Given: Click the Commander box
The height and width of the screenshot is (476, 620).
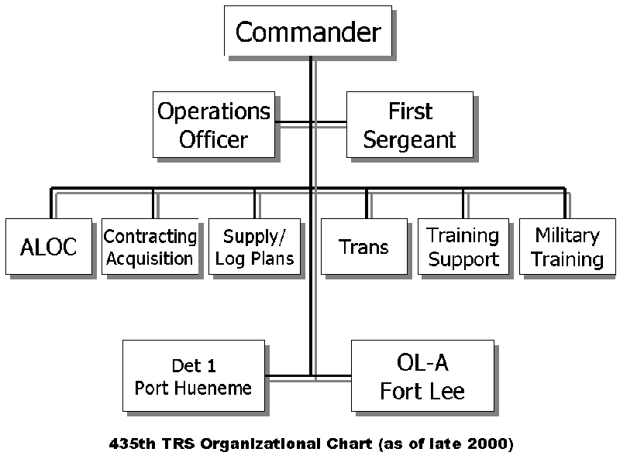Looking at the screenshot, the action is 308,31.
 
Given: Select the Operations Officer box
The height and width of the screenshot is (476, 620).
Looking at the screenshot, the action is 214,125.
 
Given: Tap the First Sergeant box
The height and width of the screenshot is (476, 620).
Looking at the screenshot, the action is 410,125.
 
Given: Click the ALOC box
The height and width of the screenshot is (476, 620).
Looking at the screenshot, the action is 49,246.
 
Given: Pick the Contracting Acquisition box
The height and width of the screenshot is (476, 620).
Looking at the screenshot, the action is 150,246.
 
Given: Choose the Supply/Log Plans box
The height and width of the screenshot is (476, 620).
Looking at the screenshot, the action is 255,246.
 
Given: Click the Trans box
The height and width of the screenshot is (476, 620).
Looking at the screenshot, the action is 363,246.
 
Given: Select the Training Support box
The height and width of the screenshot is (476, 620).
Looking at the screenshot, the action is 463,246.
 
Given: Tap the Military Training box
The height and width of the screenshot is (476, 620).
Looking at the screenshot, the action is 567,246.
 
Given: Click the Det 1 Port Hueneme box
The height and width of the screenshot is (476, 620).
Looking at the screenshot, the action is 194,375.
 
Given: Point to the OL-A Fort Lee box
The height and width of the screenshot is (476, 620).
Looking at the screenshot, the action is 422,375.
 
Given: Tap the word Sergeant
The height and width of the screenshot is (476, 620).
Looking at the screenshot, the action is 410,140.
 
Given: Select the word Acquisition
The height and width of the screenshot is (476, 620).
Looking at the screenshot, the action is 150,259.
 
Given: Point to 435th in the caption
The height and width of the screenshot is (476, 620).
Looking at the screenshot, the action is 132,443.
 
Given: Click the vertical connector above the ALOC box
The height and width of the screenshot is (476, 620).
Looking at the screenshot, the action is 51,203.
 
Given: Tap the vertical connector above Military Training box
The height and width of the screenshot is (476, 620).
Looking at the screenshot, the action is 565,203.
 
